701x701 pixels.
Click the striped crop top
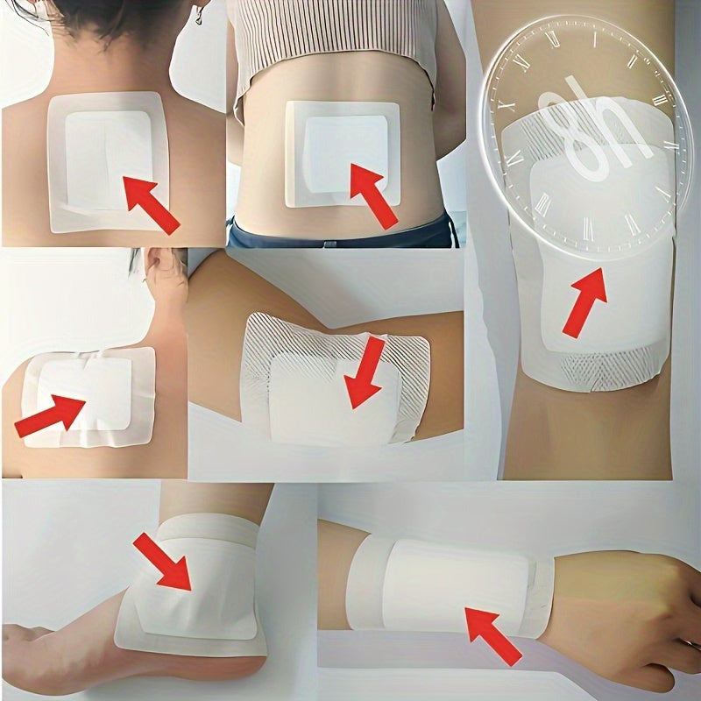coord(333,44)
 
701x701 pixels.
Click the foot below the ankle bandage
coord(53,648)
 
